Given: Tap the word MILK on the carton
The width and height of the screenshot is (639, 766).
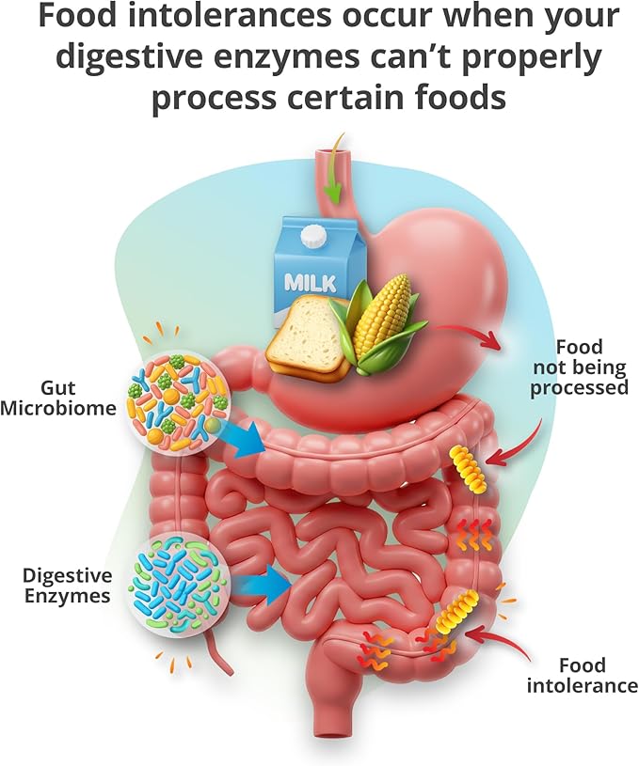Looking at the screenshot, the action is coord(312,282).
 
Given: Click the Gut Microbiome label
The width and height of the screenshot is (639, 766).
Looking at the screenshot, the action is coord(58,398).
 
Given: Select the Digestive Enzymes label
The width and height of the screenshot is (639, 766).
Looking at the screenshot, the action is coord(67,586).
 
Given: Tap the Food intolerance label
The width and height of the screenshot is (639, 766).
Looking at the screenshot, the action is coord(583,675).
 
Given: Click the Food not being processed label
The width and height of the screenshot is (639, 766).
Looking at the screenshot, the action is coord(580,367).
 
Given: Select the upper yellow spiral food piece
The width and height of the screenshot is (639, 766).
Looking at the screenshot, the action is coord(469,468).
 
